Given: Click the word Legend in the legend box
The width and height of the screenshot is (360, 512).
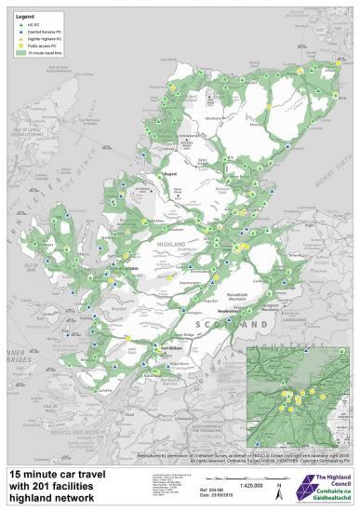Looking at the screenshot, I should (x=22, y=17).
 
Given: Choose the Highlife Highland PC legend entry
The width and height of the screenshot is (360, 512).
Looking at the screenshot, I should (x=42, y=40).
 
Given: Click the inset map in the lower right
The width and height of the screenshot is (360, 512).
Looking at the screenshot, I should (x=299, y=392).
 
